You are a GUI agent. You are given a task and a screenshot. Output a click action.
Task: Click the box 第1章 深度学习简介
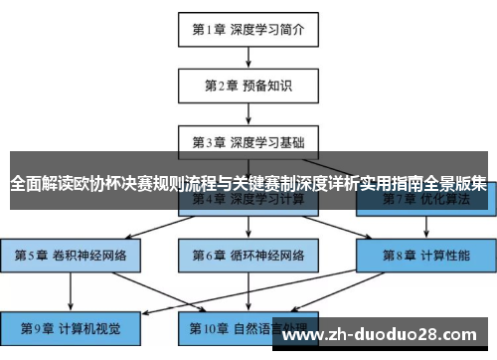coord(248,29)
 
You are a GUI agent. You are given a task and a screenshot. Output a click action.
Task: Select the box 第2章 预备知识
coord(248,85)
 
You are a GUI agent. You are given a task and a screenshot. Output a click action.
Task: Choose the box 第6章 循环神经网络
coord(248,255)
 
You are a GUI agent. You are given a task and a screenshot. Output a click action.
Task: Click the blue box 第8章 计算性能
coord(425,255)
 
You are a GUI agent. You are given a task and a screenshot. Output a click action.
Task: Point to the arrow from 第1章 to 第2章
coord(248,56)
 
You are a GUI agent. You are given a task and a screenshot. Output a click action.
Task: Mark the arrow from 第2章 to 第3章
coord(248,111)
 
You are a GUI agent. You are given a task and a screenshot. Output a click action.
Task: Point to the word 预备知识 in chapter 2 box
coord(267,85)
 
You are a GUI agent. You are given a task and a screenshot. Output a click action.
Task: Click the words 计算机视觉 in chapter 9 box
coord(87,327)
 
